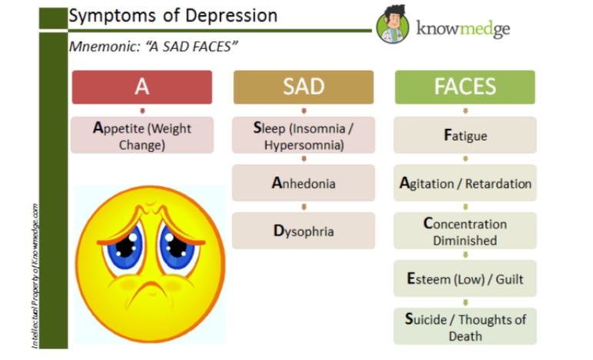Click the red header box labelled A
[x=142, y=87]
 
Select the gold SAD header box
[x=303, y=87]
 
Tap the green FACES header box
[x=465, y=87]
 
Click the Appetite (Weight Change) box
[x=142, y=135]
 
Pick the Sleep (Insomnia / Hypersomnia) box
[x=303, y=135]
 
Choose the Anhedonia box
[x=303, y=183]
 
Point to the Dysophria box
[x=303, y=231]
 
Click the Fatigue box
[x=465, y=135]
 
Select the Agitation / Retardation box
[x=465, y=184]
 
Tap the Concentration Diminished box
[x=465, y=232]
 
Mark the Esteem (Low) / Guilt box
[x=465, y=278]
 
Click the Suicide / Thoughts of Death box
[x=465, y=327]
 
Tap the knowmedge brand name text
[x=461, y=29]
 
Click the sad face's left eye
[x=125, y=245]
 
